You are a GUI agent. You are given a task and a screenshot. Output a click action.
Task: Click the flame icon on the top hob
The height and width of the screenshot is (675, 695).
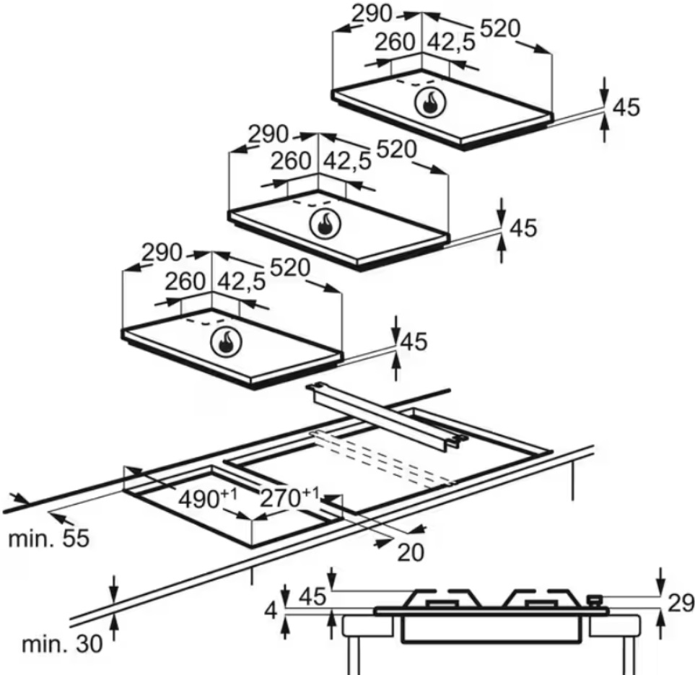429,105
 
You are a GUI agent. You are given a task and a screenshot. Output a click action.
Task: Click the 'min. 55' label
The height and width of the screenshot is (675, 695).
49,539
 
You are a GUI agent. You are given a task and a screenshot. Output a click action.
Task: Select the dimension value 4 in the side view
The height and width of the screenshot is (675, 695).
271,611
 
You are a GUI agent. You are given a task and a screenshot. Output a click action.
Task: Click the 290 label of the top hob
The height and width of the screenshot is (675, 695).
372,14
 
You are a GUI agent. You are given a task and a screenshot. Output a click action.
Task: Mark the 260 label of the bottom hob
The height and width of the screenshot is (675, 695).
185,282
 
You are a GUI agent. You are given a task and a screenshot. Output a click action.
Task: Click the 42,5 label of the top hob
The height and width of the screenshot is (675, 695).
452,43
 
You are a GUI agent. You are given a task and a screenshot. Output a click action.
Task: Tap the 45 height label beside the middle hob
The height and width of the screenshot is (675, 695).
523,228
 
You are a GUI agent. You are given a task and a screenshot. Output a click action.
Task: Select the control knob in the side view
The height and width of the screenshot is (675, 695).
595,598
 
